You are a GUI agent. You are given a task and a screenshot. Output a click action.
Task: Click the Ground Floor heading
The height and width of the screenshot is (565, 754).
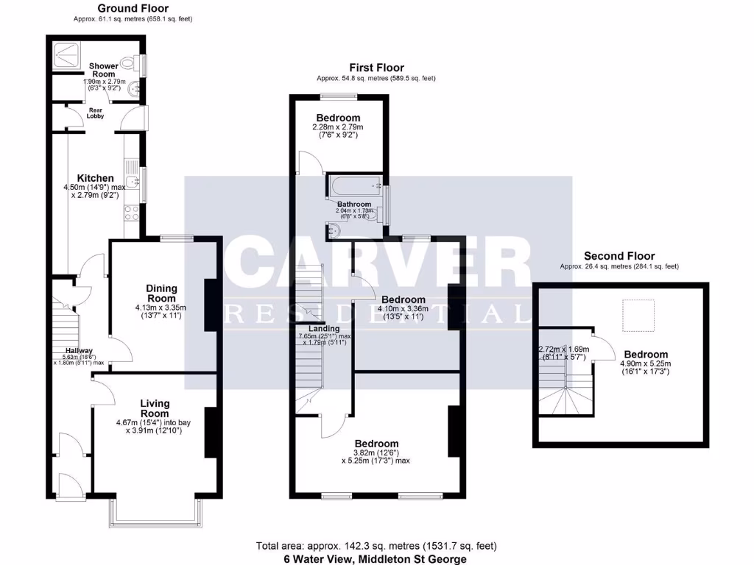click(x=133, y=9)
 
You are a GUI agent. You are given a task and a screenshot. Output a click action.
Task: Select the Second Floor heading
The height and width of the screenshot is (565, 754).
click(x=619, y=257)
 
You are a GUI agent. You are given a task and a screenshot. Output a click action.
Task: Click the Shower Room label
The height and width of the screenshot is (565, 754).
click(x=103, y=70)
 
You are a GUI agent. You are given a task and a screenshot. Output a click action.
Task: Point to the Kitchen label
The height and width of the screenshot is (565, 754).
click(x=96, y=178)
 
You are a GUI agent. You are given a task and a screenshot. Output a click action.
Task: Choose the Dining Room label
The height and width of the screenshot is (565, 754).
click(x=161, y=294)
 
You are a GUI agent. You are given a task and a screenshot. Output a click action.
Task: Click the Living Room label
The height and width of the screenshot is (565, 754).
click(x=155, y=408)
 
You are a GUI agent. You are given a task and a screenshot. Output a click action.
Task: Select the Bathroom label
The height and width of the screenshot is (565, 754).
click(x=354, y=204)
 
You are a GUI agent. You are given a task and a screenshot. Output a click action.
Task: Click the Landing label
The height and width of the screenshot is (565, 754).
click(x=323, y=329)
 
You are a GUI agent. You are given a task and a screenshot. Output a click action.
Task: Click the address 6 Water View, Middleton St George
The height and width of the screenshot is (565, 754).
click(x=376, y=559)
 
